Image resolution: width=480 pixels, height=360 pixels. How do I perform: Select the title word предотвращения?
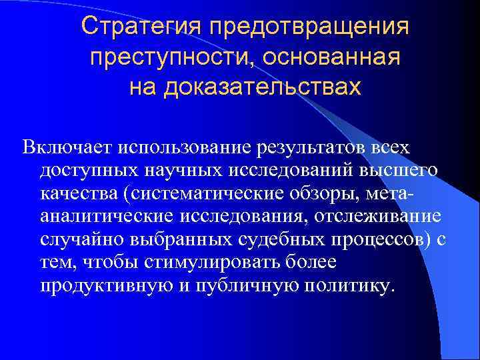click(309, 29)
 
